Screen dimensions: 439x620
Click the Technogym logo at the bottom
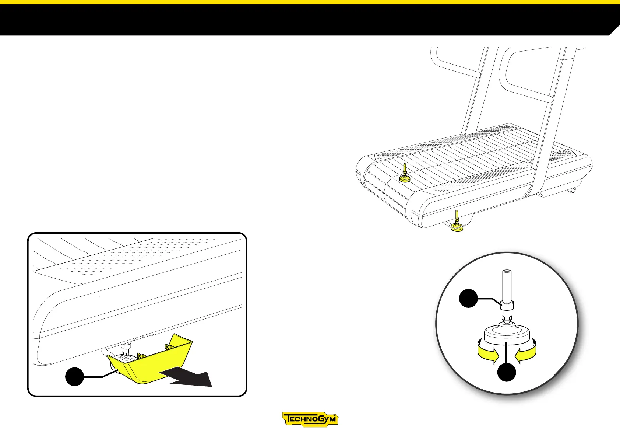[x=310, y=419]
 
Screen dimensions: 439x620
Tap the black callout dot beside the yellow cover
[x=75, y=376]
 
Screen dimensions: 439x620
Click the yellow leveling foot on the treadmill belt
[x=405, y=178]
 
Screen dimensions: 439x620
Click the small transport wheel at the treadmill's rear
[x=573, y=190]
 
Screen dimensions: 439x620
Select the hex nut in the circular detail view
[x=507, y=306]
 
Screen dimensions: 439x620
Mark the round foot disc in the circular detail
[x=507, y=333]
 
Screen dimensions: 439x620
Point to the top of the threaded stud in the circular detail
[x=507, y=273]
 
